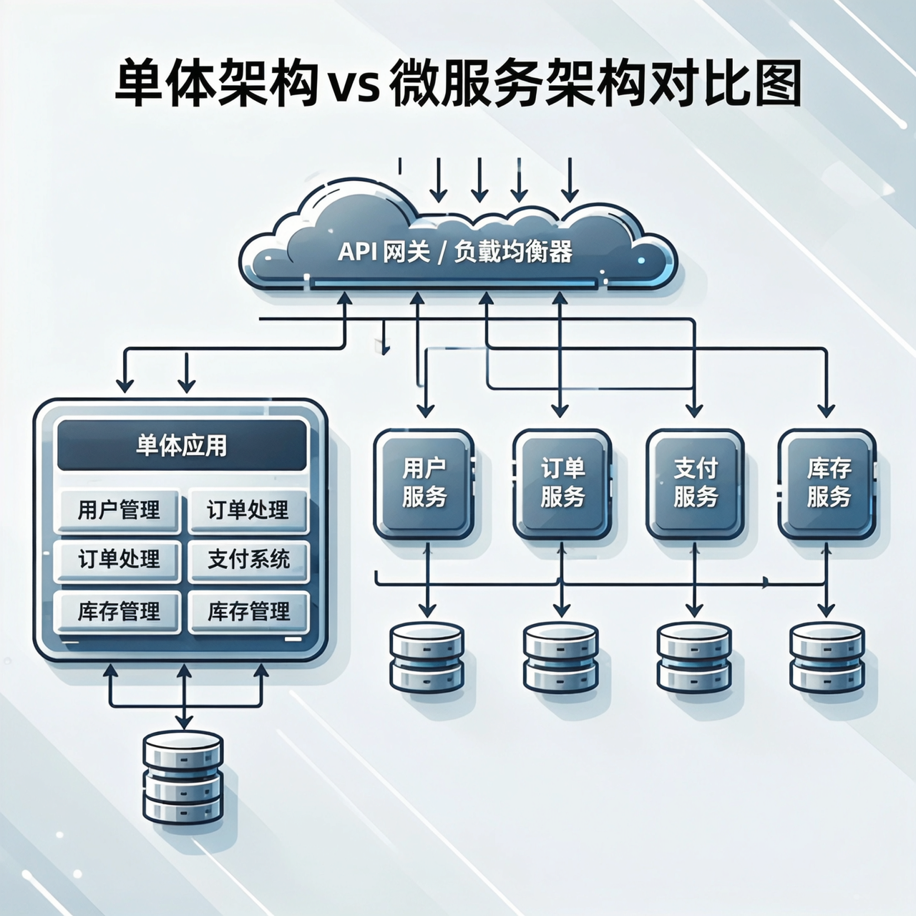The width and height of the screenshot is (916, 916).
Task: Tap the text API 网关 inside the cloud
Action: tap(383, 252)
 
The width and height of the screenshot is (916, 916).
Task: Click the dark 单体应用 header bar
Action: tap(182, 445)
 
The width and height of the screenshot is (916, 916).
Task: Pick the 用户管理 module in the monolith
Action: tap(118, 510)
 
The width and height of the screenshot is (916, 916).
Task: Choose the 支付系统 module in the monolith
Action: tap(248, 559)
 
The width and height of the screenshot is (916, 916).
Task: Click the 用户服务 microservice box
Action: tap(424, 483)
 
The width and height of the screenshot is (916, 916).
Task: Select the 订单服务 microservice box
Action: tap(562, 483)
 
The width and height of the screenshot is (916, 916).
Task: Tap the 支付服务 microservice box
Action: tap(695, 483)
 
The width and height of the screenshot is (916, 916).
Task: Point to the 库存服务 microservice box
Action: tap(828, 483)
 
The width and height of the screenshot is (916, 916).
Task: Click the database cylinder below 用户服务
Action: tap(427, 657)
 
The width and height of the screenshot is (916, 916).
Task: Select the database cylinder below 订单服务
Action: tap(560, 657)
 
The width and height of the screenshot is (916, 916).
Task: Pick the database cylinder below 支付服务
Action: tap(694, 657)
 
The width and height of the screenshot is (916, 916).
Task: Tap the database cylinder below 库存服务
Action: tap(827, 657)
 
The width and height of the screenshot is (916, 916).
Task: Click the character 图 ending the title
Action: tap(776, 84)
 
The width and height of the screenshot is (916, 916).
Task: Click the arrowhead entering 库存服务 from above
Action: tap(827, 411)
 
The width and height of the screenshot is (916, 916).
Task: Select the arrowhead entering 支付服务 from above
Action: tap(694, 411)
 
